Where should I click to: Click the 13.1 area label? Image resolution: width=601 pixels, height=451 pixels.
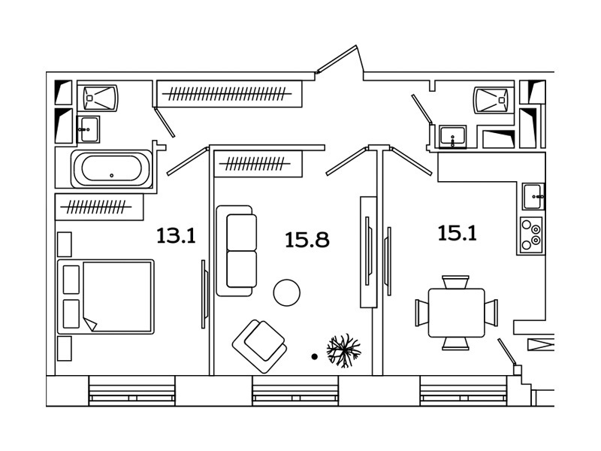[x=177, y=235]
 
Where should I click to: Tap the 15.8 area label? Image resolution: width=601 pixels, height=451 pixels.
[x=307, y=240]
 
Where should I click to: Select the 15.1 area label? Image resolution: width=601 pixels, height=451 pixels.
[x=458, y=233]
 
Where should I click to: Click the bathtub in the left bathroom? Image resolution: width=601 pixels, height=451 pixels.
[x=111, y=168]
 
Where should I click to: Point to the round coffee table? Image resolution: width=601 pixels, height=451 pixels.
[x=287, y=292]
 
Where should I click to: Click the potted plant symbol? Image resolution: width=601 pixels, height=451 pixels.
[x=344, y=350]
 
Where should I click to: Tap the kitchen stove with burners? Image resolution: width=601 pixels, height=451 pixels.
[x=532, y=235]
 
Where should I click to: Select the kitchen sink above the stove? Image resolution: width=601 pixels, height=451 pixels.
[x=533, y=196]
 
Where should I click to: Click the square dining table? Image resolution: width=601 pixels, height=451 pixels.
[x=456, y=313]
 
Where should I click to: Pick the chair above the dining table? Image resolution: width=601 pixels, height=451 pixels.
[x=455, y=282]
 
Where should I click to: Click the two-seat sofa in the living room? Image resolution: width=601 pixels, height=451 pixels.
[x=236, y=250]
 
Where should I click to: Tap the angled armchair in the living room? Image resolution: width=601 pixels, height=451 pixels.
[x=260, y=346]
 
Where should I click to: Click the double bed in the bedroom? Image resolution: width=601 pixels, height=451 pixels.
[x=106, y=296]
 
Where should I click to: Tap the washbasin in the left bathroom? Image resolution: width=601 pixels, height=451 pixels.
[x=88, y=129]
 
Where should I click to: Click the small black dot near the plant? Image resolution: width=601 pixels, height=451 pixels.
[x=315, y=356]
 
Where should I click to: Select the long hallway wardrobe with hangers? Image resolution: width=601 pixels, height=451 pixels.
[x=229, y=93]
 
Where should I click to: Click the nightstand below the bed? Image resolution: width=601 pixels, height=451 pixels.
[x=65, y=348]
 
